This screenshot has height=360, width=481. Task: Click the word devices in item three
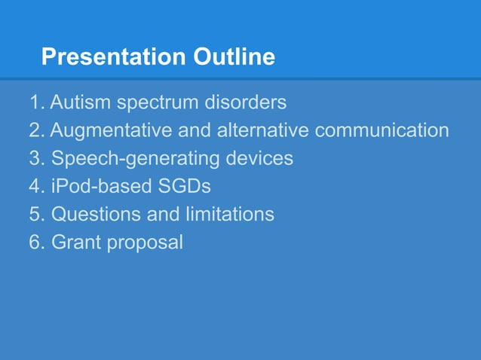[259, 158]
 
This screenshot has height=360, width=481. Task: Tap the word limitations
[230, 215]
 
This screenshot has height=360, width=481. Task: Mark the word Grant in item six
[74, 243]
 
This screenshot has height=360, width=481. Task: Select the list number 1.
[35, 102]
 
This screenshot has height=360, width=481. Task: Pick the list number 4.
[35, 187]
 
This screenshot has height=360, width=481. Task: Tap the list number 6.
[35, 243]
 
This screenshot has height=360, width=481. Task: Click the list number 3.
[35, 158]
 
